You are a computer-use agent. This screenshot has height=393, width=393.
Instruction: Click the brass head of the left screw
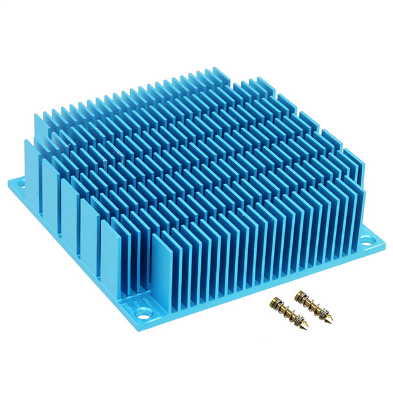pyautogui.click(x=273, y=304)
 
